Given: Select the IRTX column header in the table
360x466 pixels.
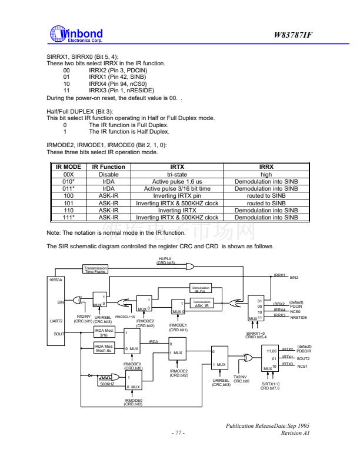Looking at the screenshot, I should pyautogui.click(x=177, y=167).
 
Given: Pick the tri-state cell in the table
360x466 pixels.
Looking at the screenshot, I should pyautogui.click(x=177, y=174).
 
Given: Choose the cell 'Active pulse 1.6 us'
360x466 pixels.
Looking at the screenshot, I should pyautogui.click(x=177, y=181).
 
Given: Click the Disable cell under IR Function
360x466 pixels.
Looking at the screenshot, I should pyautogui.click(x=108, y=174).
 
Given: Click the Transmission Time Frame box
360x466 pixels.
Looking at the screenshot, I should pyautogui.click(x=95, y=269).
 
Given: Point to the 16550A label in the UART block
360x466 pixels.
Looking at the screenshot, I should pyautogui.click(x=55, y=281).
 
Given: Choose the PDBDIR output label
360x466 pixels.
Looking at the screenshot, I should pyautogui.click(x=304, y=352).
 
